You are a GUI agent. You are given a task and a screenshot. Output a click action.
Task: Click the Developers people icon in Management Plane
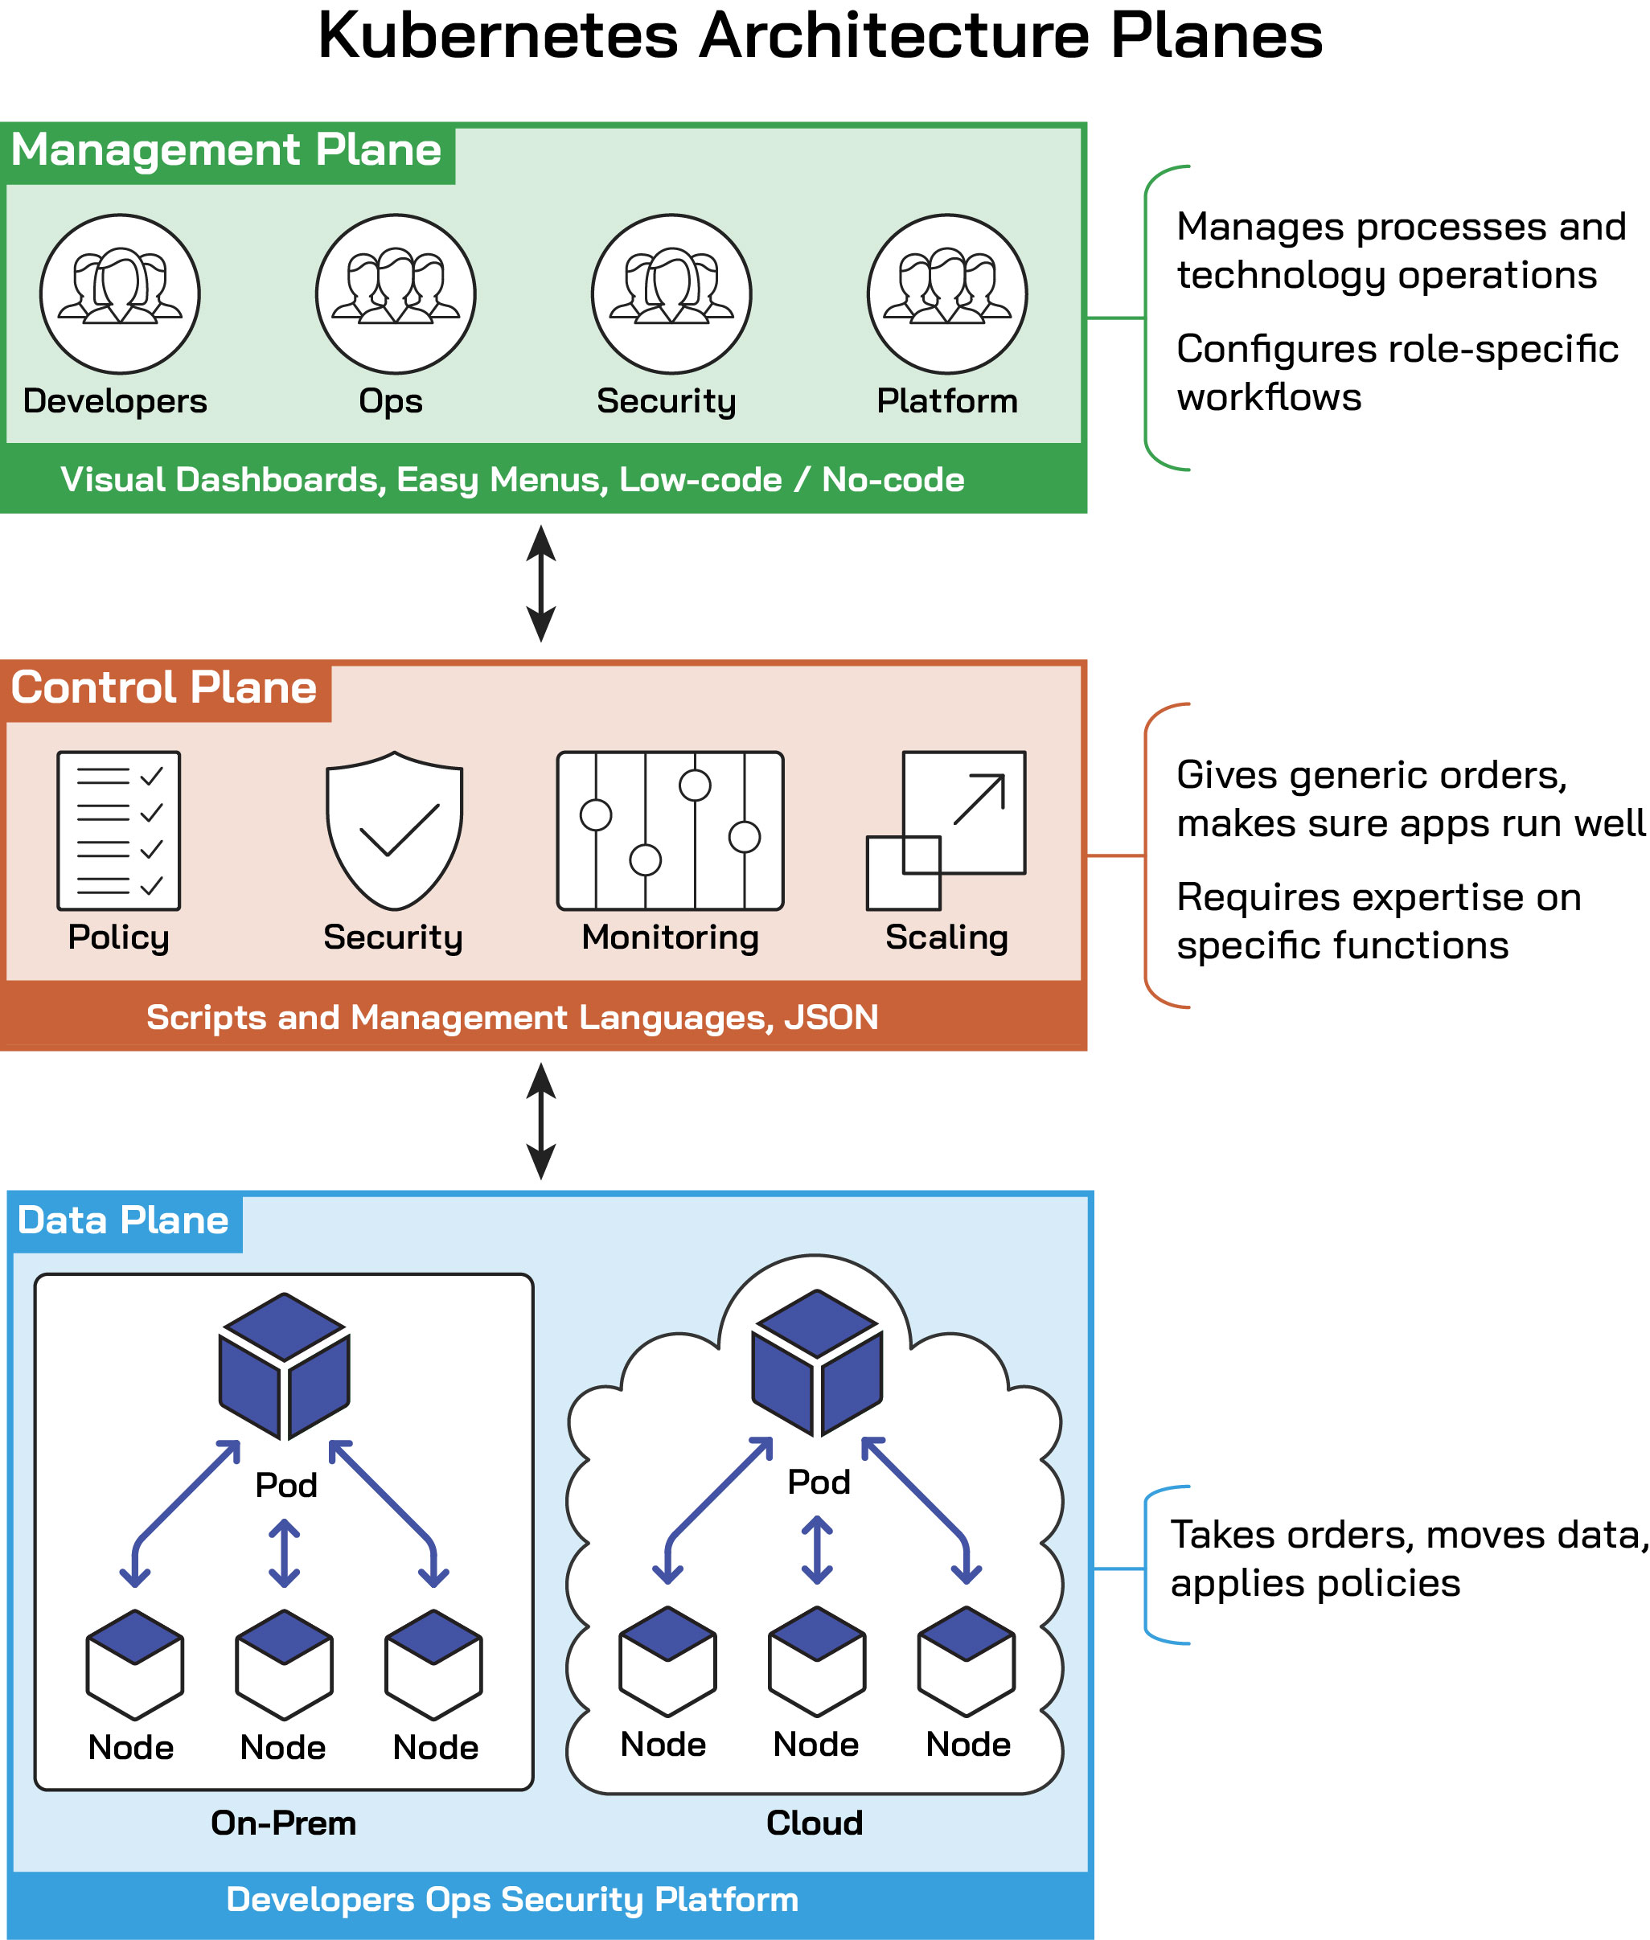120,293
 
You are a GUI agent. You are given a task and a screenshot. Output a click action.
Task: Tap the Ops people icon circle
396,293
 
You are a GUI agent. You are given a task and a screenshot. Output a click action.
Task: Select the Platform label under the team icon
946,400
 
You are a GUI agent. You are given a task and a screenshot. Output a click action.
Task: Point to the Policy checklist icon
119,831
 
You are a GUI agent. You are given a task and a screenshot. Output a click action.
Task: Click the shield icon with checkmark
394,831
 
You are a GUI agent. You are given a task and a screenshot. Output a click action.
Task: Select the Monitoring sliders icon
670,831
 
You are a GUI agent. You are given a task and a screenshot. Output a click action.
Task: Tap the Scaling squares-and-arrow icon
946,831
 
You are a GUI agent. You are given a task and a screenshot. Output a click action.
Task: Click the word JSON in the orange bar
831,1017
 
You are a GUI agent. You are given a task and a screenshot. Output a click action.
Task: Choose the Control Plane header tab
165,689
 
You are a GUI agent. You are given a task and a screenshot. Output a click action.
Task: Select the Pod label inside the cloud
819,1482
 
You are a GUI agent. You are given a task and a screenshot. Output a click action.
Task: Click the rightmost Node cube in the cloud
967,1661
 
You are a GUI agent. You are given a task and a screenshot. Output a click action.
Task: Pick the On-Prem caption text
283,1823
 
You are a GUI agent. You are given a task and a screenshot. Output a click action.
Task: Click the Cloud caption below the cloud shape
814,1823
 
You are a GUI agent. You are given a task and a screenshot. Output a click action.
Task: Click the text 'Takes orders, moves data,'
1408,1535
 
